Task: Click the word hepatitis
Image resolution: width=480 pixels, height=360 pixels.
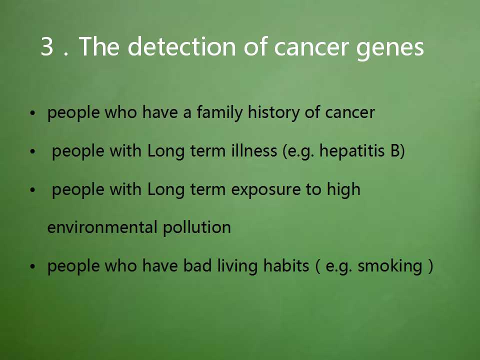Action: tap(352, 150)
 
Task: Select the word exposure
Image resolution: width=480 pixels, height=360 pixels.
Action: tap(265, 190)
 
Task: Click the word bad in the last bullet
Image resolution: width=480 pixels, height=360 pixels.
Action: tap(197, 265)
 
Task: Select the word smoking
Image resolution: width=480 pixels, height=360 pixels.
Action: tap(390, 266)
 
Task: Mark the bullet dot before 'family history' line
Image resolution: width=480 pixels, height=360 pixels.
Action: tap(33, 113)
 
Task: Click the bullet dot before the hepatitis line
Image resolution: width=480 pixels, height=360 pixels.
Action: tap(33, 151)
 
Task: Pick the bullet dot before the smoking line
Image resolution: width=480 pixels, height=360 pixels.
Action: tap(33, 266)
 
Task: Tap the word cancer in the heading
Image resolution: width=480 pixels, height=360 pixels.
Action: tap(311, 47)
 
